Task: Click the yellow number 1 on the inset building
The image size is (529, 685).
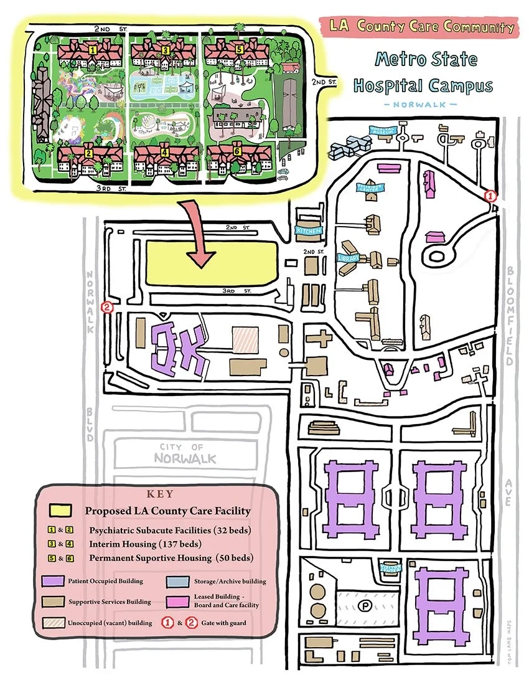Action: click(x=92, y=48)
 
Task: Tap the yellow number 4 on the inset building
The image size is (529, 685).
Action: click(x=165, y=151)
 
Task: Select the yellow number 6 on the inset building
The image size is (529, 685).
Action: click(x=237, y=151)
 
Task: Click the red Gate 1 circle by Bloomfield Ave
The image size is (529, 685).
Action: click(x=490, y=196)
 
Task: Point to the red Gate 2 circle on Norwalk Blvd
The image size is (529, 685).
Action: click(x=107, y=306)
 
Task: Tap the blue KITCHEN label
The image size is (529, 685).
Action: click(x=309, y=230)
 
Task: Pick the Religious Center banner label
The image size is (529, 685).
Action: click(x=371, y=187)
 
